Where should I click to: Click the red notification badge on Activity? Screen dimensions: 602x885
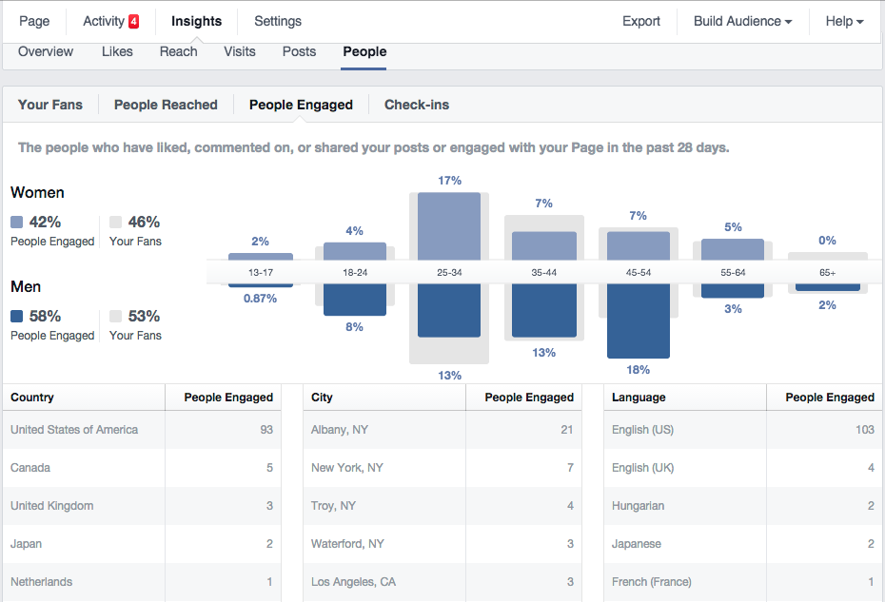click(x=133, y=21)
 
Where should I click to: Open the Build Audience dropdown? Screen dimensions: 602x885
click(x=742, y=21)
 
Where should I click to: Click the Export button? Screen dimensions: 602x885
click(x=641, y=21)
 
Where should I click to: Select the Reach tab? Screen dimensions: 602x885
click(x=178, y=51)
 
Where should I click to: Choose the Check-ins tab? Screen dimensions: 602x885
click(x=417, y=105)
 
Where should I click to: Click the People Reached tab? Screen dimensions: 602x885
click(x=166, y=105)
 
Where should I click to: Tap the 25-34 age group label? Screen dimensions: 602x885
click(x=449, y=272)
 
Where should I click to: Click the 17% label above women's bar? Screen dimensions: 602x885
click(x=450, y=181)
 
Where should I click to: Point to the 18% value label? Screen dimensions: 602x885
click(x=639, y=370)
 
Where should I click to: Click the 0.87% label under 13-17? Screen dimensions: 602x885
click(x=260, y=299)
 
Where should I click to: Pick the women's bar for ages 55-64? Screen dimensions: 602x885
click(x=732, y=248)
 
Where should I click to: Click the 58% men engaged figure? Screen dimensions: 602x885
click(x=45, y=317)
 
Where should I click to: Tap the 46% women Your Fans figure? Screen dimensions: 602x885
click(x=144, y=223)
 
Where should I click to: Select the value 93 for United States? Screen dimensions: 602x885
click(x=265, y=430)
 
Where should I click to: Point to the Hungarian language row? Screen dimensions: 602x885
click(x=638, y=506)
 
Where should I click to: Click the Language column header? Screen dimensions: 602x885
click(x=639, y=398)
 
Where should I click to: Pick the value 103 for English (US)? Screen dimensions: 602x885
click(x=863, y=430)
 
